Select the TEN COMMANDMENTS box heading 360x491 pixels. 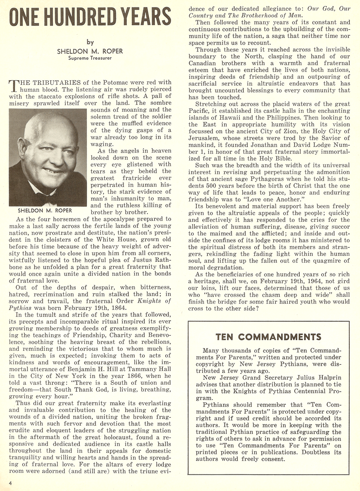(x=268, y=336)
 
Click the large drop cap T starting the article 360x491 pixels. (x=13, y=86)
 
